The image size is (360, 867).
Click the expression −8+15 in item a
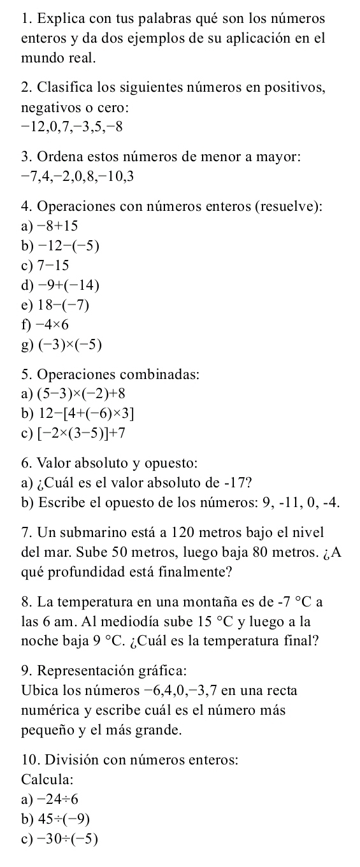click(59, 226)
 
